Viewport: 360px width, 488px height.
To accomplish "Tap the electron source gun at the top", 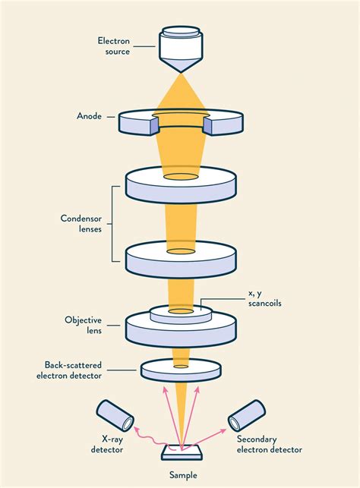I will (181, 49).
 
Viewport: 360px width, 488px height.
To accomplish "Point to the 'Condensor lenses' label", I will (81, 225).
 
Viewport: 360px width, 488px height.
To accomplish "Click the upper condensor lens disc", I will (181, 186).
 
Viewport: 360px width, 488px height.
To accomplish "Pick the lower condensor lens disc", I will (181, 260).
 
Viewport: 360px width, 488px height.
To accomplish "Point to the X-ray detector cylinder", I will (115, 415).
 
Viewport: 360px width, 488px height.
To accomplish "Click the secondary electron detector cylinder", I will (245, 415).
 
